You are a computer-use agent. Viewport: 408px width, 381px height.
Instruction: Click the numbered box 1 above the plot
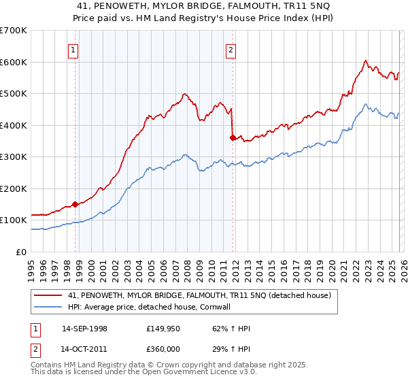coord(73,49)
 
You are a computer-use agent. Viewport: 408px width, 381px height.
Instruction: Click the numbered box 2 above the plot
coord(231,49)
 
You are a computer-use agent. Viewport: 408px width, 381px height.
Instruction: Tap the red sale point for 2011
coord(233,137)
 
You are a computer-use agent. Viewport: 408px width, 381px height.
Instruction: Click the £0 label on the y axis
coord(20,252)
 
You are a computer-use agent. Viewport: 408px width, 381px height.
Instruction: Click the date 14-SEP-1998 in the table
coord(84,329)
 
